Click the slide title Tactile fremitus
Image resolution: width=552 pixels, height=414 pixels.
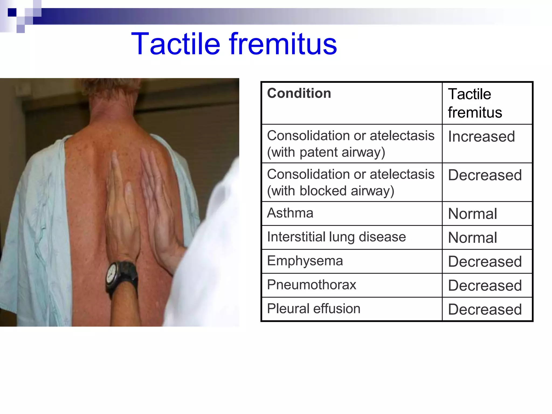click(234, 44)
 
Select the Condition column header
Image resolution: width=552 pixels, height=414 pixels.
click(299, 94)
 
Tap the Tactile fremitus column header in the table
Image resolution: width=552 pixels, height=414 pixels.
click(475, 103)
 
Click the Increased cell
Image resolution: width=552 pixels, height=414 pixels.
click(481, 136)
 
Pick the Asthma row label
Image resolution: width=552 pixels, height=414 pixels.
click(290, 213)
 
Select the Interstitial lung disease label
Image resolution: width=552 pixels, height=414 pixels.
click(336, 237)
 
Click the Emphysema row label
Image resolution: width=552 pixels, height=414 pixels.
click(305, 261)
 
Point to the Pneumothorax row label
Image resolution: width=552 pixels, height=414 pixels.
click(311, 285)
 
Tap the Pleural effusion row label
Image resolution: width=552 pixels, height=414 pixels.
click(313, 309)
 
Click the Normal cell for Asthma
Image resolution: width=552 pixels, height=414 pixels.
click(472, 214)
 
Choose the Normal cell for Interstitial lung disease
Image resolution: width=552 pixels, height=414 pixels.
click(472, 238)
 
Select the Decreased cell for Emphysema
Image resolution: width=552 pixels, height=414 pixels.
click(485, 262)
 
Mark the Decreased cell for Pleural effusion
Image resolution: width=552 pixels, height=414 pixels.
click(485, 309)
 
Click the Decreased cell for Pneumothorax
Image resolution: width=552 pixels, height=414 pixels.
click(485, 285)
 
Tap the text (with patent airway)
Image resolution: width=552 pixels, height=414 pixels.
click(326, 152)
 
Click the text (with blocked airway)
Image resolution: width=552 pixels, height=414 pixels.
click(330, 191)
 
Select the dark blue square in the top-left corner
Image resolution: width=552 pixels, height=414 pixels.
click(12, 12)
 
